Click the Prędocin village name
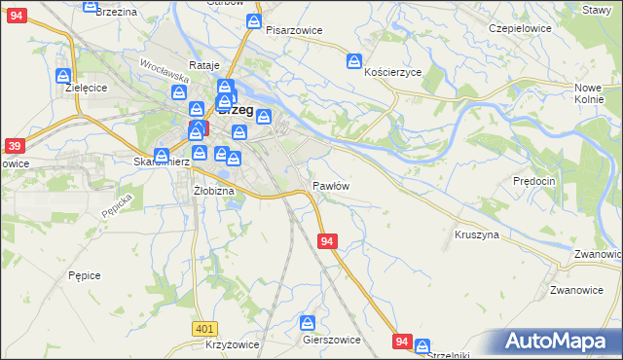[x=533, y=181]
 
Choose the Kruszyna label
[x=477, y=234]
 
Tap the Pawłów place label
[x=331, y=185]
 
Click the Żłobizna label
[x=214, y=191]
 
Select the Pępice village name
[x=85, y=275]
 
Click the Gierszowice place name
[x=332, y=341]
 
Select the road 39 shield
[x=14, y=146]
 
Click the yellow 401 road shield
[x=203, y=330]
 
